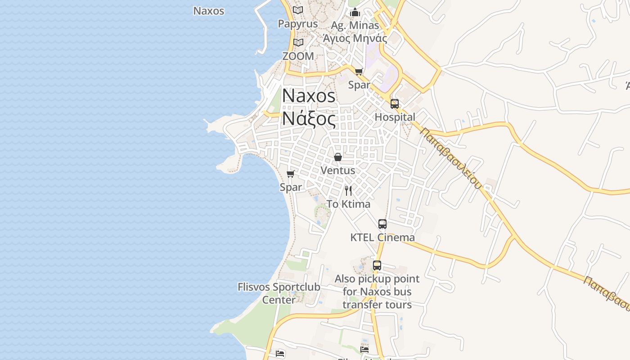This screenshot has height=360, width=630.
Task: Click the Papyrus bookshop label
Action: click(x=298, y=24)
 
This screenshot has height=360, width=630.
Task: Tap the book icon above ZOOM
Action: click(x=298, y=42)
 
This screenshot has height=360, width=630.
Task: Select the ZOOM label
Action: click(x=298, y=56)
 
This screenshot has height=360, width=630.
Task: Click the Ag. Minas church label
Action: click(x=355, y=25)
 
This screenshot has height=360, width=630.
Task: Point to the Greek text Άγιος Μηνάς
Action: click(x=355, y=38)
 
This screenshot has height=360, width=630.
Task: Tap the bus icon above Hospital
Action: click(x=395, y=104)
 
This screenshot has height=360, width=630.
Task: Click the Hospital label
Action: click(x=395, y=117)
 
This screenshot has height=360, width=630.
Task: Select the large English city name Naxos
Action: click(x=309, y=96)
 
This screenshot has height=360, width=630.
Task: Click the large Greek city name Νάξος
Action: click(x=309, y=119)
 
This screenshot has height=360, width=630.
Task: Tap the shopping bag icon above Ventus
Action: click(x=338, y=157)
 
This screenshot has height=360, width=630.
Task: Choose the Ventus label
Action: click(x=338, y=171)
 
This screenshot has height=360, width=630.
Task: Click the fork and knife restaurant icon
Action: click(x=348, y=191)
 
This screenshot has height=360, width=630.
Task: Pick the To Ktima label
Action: click(x=348, y=204)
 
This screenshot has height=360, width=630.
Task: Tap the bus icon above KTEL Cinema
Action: click(x=382, y=224)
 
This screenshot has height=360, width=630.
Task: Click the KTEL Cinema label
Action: click(x=382, y=237)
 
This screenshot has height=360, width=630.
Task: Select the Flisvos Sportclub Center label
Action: click(x=279, y=293)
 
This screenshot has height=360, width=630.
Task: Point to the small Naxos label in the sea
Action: click(x=209, y=11)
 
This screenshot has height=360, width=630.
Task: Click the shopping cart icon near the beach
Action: click(x=291, y=174)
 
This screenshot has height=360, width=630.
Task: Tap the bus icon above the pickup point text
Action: click(x=377, y=265)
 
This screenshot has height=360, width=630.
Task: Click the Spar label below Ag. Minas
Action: click(x=359, y=85)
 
